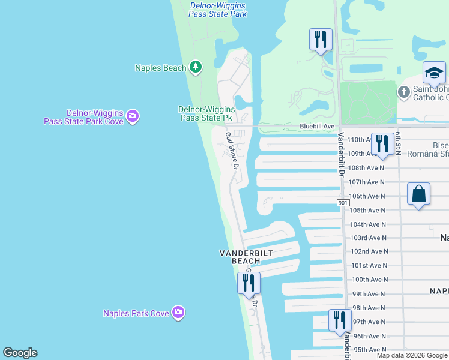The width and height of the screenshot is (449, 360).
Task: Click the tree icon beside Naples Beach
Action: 195,67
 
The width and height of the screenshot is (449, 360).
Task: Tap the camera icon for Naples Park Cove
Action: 178,312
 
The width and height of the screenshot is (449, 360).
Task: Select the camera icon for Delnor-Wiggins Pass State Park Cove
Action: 133,116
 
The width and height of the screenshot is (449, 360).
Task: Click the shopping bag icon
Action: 418,194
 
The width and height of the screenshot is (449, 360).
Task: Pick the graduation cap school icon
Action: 434,73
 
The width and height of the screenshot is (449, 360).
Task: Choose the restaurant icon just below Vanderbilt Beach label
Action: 249,283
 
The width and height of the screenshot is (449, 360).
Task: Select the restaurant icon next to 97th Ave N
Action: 340,320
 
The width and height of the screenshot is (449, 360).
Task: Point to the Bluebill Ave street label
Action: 317,127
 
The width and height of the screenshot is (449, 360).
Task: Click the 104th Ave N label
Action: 369,224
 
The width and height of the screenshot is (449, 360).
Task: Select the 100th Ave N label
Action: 369,280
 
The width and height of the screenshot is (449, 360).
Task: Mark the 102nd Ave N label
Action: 369,251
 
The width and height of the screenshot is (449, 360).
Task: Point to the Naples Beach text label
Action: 160,68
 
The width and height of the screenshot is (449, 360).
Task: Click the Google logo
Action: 20,353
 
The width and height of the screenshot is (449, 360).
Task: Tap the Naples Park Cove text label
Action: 136,313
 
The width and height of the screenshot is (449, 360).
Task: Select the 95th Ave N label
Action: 370,350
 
